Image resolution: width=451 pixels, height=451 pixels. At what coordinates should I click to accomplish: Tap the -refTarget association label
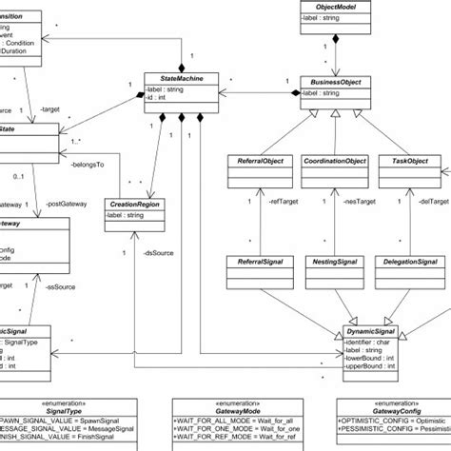point(285,202)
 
